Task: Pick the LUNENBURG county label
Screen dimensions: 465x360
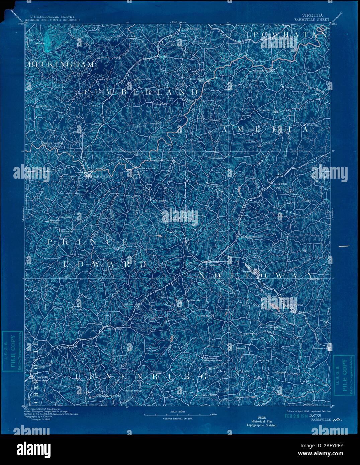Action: [x=141, y=377]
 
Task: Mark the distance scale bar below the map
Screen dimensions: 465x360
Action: [x=178, y=415]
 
